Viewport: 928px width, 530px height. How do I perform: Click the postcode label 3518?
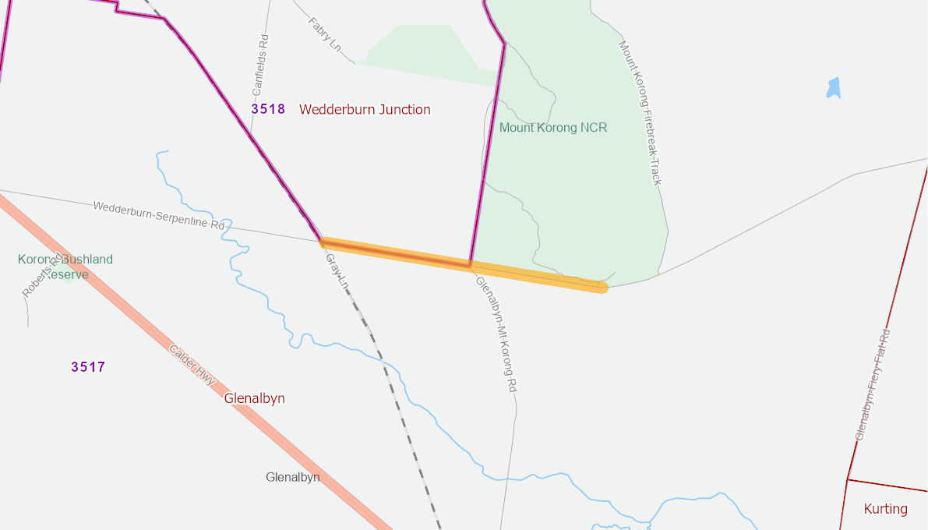click(x=268, y=109)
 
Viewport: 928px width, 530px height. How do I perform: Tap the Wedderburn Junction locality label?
click(x=365, y=109)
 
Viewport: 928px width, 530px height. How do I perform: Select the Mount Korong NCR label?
click(x=552, y=127)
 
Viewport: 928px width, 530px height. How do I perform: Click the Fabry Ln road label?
click(x=325, y=35)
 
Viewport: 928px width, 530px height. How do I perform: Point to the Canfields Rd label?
click(x=260, y=65)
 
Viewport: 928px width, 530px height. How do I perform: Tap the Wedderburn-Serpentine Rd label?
click(x=158, y=215)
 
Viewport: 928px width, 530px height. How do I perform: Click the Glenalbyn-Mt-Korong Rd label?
click(x=496, y=334)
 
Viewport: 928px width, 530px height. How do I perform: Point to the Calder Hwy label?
click(x=192, y=364)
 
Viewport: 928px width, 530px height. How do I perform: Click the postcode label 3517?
click(x=88, y=366)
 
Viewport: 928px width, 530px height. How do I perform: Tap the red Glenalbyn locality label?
click(x=254, y=398)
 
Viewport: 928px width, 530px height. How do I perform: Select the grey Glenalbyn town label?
click(x=292, y=477)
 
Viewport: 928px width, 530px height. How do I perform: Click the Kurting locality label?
click(x=885, y=509)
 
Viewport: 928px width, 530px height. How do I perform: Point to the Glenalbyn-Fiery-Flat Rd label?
click(x=873, y=384)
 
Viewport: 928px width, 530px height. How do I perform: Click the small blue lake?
click(x=834, y=88)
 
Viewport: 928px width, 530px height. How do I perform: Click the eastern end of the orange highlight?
click(x=602, y=287)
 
